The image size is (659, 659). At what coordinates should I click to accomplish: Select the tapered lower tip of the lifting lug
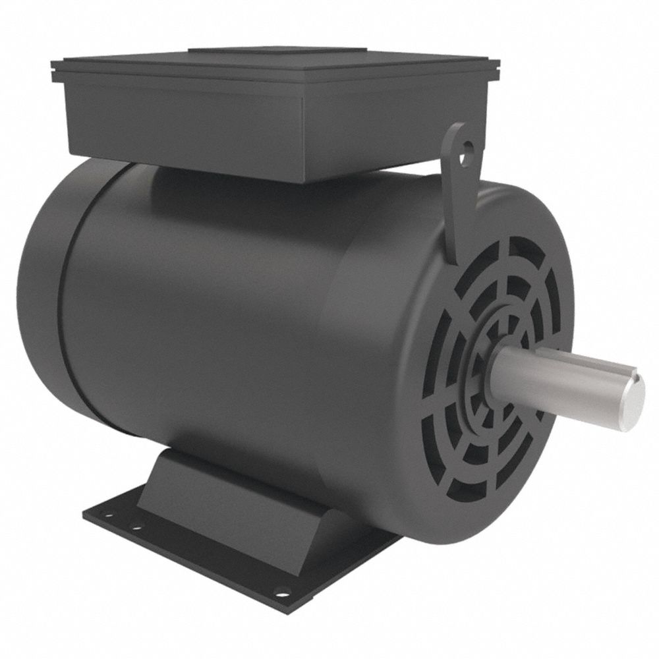(x=452, y=254)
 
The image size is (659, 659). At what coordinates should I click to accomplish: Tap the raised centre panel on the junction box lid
(x=277, y=53)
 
